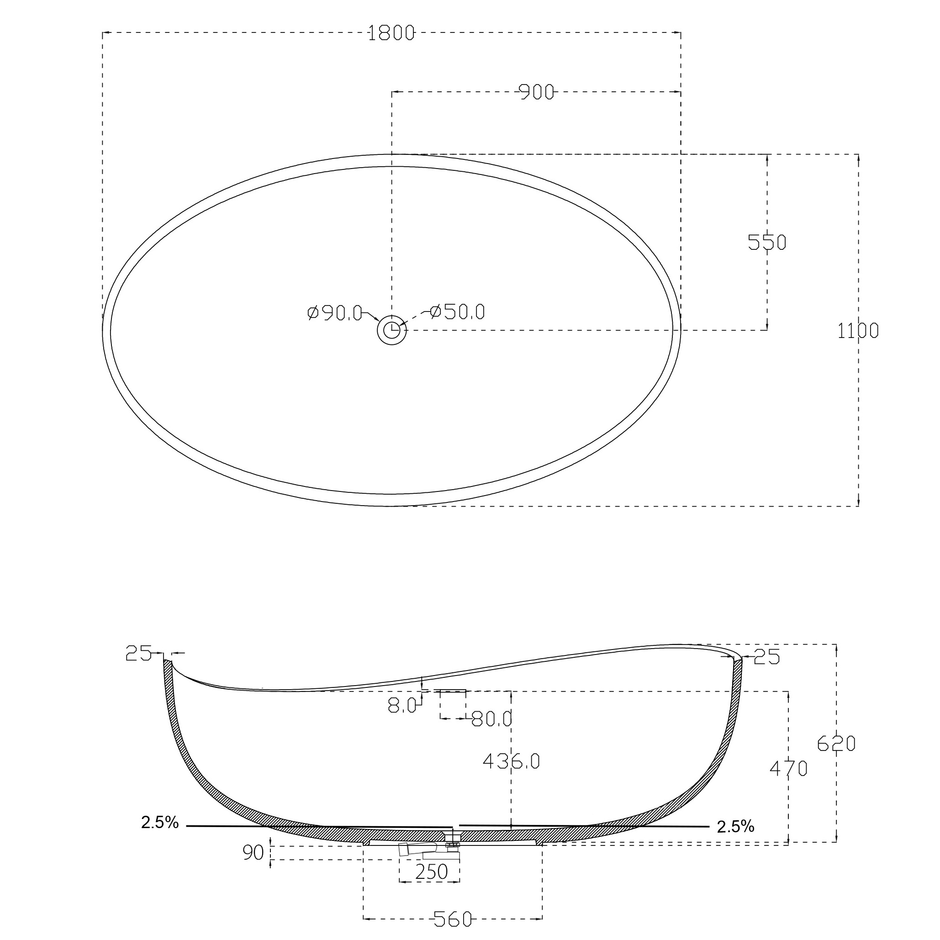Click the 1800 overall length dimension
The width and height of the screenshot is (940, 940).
391,33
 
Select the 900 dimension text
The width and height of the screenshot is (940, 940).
537,92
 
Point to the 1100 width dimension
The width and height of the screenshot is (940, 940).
857,331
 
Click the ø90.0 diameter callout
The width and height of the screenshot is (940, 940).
335,313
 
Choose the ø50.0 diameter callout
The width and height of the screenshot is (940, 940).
458,312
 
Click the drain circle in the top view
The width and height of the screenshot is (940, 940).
392,330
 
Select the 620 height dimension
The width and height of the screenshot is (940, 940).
836,744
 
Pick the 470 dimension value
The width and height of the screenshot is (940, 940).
788,768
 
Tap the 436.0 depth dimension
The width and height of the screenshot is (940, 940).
511,761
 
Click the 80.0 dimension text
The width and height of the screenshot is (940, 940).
492,718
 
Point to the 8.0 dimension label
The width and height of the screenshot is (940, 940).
402,705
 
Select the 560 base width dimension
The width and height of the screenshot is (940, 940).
453,919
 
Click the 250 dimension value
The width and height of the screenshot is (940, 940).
431,871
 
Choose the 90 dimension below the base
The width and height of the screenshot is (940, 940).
253,852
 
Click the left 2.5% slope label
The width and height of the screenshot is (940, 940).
159,822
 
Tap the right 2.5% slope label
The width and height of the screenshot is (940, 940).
735,826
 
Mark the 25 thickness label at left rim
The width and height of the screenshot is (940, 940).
138,654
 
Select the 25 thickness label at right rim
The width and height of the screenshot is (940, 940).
766,657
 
